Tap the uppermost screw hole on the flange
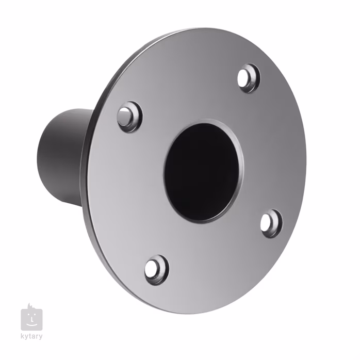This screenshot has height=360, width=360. pos(249,78)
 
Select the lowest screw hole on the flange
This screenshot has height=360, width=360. pos(155,269)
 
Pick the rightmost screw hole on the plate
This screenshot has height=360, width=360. pos(271,223)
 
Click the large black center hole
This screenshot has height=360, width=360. pos(202,171)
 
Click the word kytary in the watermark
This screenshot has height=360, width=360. pos(31,337)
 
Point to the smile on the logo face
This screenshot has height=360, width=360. pos(32,324)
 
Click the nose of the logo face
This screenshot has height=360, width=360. pos(31,320)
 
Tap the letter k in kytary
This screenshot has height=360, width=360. pos(22,337)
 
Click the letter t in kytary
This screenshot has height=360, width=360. pos(29,337)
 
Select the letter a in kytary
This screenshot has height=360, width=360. pos(33,337)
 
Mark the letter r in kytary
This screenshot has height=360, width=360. pos(37,337)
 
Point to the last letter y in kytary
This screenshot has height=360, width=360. pos(40,337)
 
